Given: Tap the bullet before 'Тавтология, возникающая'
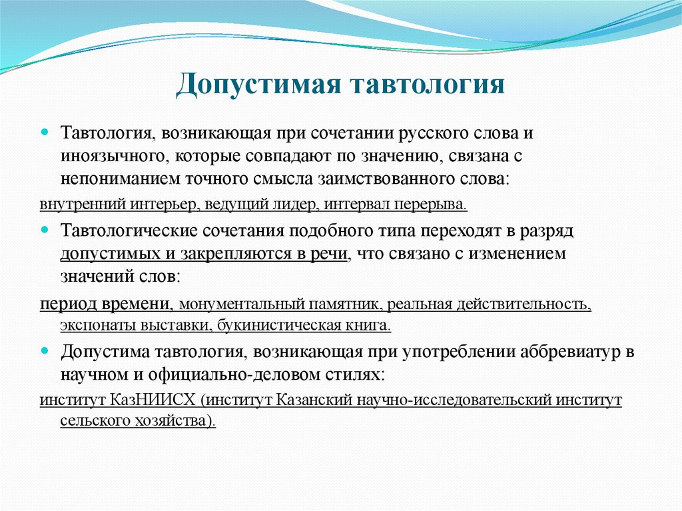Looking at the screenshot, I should coord(45,133).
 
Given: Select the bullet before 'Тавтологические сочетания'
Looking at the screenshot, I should coord(45,229).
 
